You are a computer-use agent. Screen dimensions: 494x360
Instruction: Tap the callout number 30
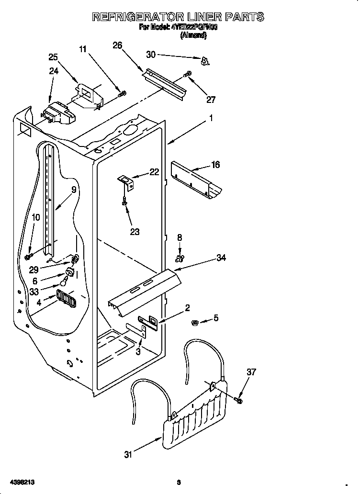click(x=151, y=55)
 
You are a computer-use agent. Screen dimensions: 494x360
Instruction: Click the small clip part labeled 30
click(x=205, y=60)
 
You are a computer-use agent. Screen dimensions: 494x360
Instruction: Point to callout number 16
click(x=215, y=165)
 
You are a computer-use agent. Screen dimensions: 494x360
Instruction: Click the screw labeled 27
click(x=188, y=74)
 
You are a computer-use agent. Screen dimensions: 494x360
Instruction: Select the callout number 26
click(x=117, y=45)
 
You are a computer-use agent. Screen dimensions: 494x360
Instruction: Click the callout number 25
click(x=54, y=57)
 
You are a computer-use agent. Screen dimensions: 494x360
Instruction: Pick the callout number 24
click(x=54, y=71)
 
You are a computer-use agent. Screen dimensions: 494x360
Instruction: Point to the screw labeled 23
click(x=124, y=202)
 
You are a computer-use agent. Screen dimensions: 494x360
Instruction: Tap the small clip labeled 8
click(x=180, y=259)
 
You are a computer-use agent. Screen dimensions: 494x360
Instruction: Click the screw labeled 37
click(x=239, y=398)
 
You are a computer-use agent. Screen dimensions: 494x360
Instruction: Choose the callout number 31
click(x=128, y=455)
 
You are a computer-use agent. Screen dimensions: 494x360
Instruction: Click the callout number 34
click(x=221, y=258)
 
